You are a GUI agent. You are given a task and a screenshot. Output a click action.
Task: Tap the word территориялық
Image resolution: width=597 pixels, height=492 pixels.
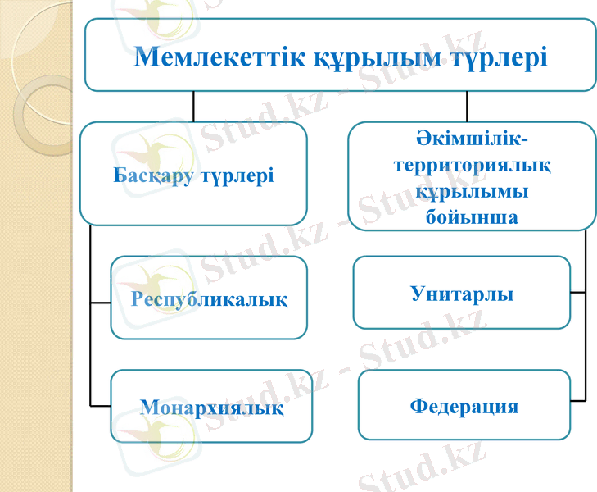click(472, 165)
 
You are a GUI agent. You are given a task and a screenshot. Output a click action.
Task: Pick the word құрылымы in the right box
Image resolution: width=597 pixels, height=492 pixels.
click(471, 191)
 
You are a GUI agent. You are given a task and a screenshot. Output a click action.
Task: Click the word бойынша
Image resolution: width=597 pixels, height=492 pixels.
click(471, 216)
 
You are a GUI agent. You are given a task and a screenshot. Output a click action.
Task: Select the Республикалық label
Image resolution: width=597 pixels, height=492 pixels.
click(210, 298)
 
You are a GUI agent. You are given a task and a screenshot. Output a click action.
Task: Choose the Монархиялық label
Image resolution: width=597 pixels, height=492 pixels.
click(212, 407)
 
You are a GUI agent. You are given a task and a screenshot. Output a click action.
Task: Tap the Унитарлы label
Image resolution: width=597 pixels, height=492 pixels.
click(462, 294)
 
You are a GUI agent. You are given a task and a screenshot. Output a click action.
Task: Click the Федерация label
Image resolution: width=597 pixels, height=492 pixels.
click(464, 406)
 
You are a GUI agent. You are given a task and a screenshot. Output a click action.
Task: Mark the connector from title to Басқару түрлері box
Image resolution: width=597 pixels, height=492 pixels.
click(194, 106)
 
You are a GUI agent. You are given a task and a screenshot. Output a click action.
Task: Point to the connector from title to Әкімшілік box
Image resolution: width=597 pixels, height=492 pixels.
click(467, 106)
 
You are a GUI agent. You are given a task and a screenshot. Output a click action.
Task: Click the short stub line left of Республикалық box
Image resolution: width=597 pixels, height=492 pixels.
click(100, 302)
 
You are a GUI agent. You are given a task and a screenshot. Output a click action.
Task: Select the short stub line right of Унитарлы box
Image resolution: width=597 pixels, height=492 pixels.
click(578, 292)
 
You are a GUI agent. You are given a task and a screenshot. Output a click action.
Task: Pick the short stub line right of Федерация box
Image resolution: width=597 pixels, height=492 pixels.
click(578, 400)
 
